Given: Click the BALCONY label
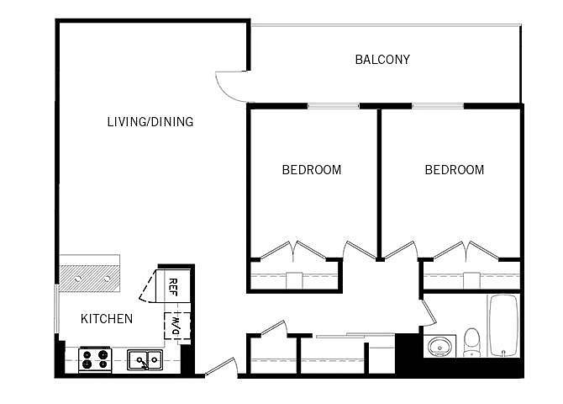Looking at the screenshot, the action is point(382,60).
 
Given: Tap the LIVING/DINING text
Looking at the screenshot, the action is point(150,121).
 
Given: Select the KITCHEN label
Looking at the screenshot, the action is point(107,319).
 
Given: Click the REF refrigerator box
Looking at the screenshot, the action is point(173,286).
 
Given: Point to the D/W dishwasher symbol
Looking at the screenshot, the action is point(177,326).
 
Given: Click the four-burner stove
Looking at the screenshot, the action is point(95,359).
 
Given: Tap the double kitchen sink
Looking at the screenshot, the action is point(145,359).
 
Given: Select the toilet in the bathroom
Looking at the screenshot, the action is point(471,342).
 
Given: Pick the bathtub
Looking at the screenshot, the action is point(503,326).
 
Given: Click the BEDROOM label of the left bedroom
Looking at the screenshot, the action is point(312,170).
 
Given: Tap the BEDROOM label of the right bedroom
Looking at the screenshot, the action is point(455,170).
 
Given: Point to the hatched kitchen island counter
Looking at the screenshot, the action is point(89,279).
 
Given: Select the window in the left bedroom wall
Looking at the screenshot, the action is point(334,106).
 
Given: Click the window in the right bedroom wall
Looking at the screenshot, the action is point(438,106).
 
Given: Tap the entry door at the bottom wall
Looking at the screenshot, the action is point(221,367).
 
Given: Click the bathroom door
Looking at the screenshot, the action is point(429,312).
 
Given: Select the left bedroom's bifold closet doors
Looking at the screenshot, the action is point(293,250).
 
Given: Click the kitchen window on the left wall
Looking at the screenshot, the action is point(56,309).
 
